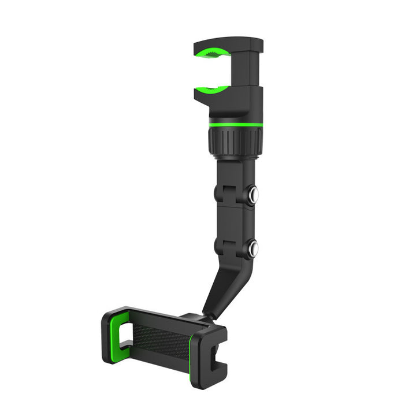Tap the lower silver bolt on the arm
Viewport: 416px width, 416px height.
click(252, 248)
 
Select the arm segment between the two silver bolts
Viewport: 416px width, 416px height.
click(234, 222)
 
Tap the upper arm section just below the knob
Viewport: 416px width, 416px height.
click(234, 173)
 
